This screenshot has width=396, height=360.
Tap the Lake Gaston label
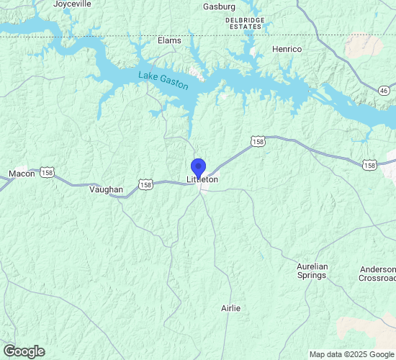163,79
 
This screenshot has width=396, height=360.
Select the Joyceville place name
72,4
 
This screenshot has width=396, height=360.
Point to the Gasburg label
220,6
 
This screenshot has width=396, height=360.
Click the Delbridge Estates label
245,24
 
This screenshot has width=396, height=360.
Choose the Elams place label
169,40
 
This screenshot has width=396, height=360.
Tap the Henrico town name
287,49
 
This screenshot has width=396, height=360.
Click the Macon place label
22,174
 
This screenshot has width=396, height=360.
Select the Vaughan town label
106,189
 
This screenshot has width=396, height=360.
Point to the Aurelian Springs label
312,271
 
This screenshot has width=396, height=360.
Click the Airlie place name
231,308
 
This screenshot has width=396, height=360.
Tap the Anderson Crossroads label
377,274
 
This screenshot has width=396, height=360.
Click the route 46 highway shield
384,90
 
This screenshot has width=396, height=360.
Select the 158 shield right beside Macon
48,173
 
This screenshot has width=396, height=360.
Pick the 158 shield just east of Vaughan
145,185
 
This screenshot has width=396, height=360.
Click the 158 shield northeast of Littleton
258,142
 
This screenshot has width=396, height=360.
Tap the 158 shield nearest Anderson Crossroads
370,165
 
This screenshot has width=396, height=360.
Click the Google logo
24,351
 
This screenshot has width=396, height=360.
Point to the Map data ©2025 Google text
352,354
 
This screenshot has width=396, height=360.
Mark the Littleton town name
203,179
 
